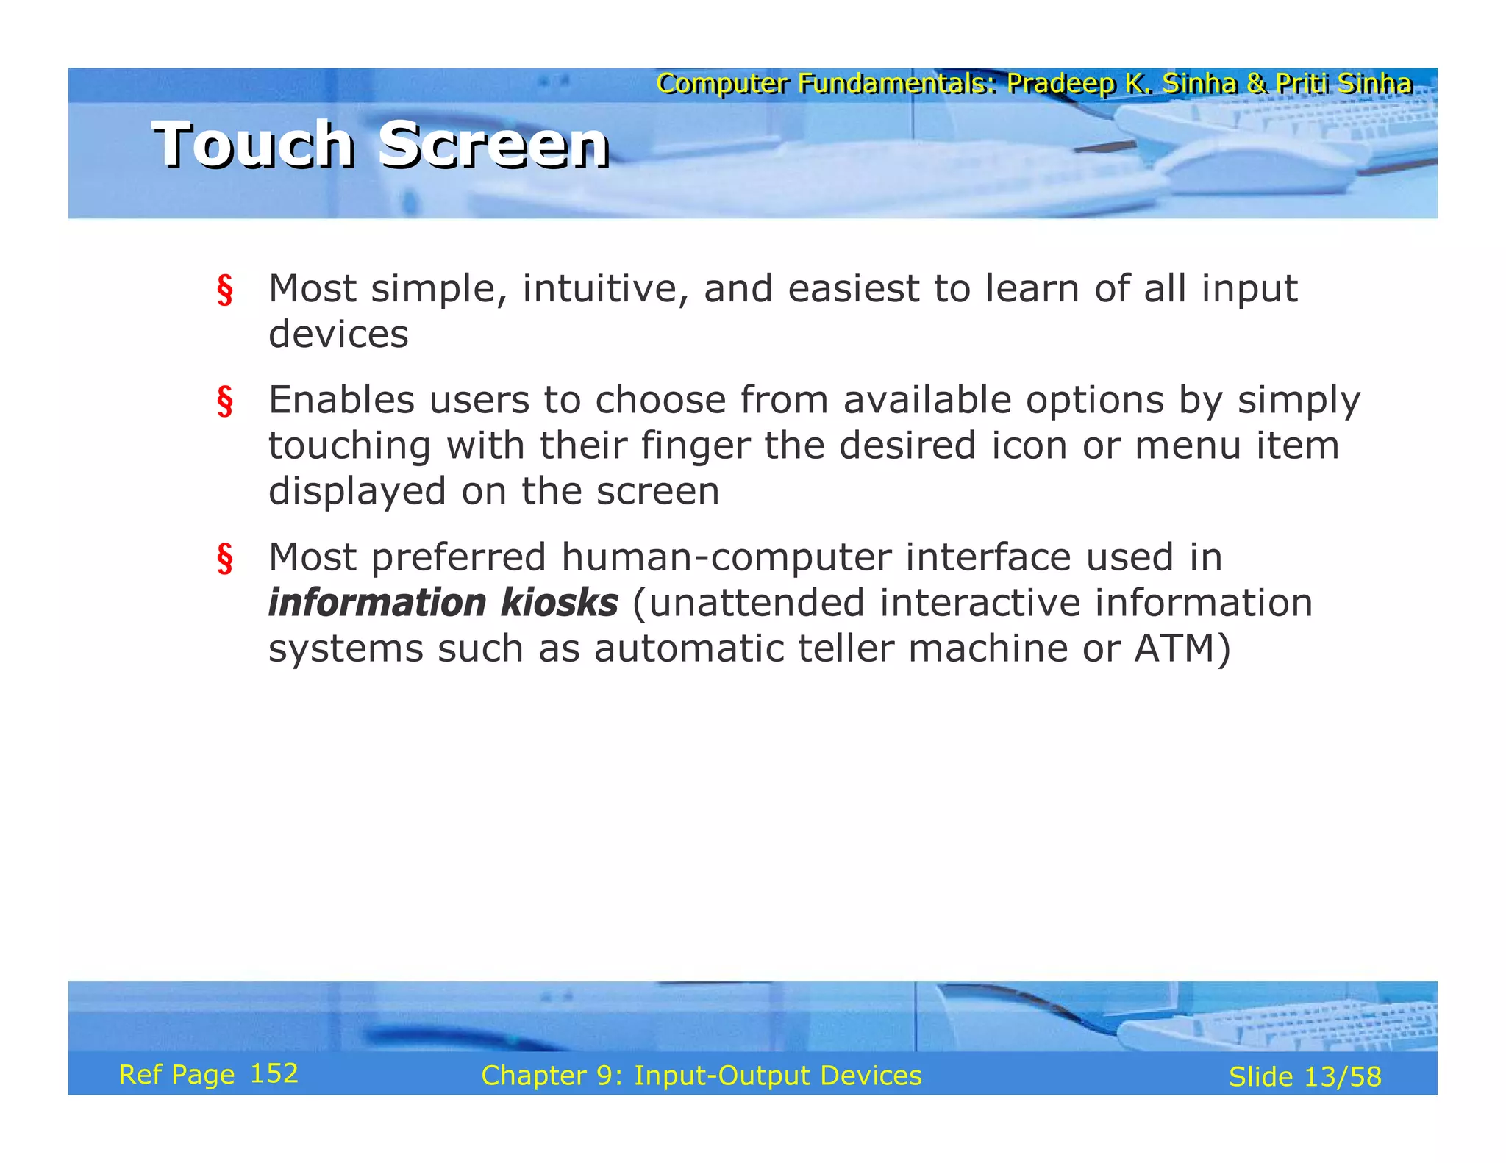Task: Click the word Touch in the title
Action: point(253,145)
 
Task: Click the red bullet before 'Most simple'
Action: point(225,290)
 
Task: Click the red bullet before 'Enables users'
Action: point(225,401)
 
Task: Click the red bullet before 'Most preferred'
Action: point(225,559)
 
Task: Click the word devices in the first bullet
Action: point(338,334)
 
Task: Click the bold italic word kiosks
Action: point(559,603)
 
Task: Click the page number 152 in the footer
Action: point(274,1074)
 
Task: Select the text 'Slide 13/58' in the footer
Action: point(1305,1077)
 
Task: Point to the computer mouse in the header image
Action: point(1257,165)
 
